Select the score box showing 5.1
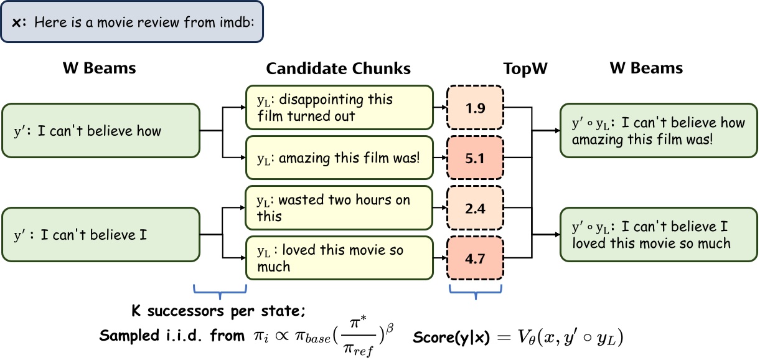pyautogui.click(x=475, y=159)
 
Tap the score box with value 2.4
pyautogui.click(x=475, y=209)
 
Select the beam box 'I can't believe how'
pyautogui.click(x=101, y=131)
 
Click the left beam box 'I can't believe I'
pyautogui.click(x=101, y=235)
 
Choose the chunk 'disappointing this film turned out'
pyautogui.click(x=339, y=108)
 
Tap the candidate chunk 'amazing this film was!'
pyautogui.click(x=339, y=159)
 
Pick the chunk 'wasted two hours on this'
pyautogui.click(x=339, y=208)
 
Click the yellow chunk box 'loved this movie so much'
pyautogui.click(x=339, y=258)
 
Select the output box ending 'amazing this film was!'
pyautogui.click(x=659, y=131)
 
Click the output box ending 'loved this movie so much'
pyautogui.click(x=659, y=235)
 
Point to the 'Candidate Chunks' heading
pyautogui.click(x=339, y=68)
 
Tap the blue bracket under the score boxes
pyautogui.click(x=475, y=291)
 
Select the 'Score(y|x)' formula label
pyautogui.click(x=452, y=337)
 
